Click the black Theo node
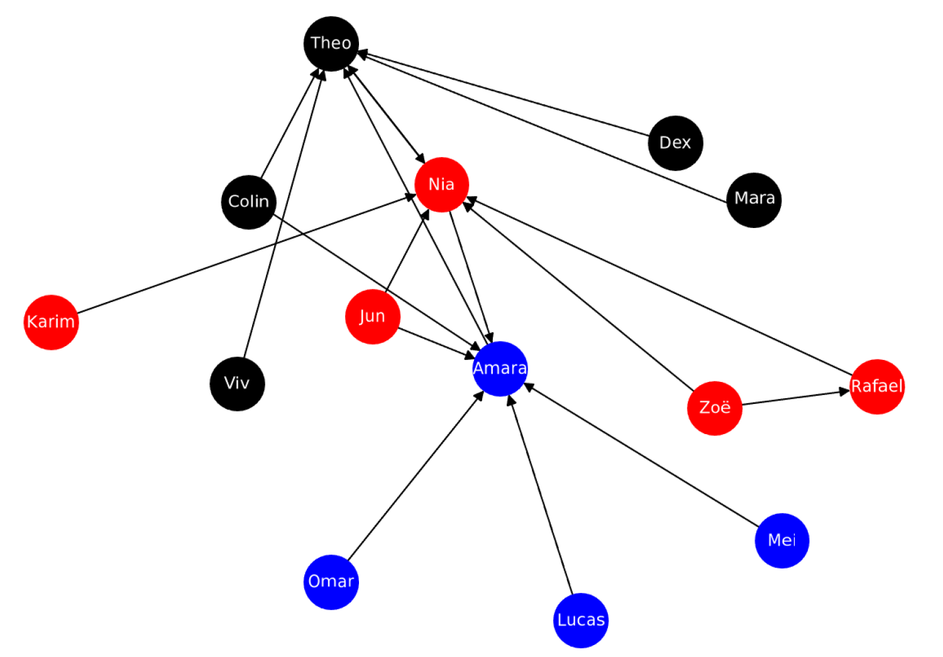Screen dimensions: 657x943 pyautogui.click(x=331, y=43)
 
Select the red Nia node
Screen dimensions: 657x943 pyautogui.click(x=441, y=184)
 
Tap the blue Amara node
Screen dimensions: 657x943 pyautogui.click(x=500, y=369)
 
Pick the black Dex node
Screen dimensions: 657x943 pyautogui.click(x=675, y=143)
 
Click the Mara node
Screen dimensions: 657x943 pyautogui.click(x=754, y=199)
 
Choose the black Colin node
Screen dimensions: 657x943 pyautogui.click(x=249, y=202)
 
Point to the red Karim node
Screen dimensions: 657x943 pyautogui.click(x=51, y=322)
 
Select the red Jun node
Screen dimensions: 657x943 pyautogui.click(x=373, y=317)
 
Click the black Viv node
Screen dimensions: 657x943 pyautogui.click(x=237, y=384)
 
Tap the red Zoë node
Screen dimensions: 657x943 pyautogui.click(x=715, y=408)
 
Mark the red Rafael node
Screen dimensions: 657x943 pyautogui.click(x=877, y=386)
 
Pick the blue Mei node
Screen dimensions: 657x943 pyautogui.click(x=781, y=540)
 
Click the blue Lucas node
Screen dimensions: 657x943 pyautogui.click(x=581, y=620)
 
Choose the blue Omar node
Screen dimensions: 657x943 pyautogui.click(x=331, y=582)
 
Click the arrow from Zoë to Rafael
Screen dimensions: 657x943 pyautogui.click(x=796, y=398)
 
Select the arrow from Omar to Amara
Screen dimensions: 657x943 pyautogui.click(x=416, y=475)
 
